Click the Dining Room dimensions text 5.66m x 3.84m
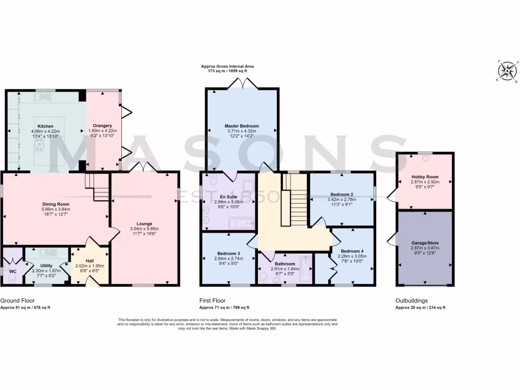point(56,209)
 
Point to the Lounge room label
point(144,223)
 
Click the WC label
point(13,271)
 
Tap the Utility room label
point(46,265)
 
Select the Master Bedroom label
point(242,126)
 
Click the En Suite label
point(228,196)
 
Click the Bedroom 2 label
point(342,194)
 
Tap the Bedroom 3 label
point(229,253)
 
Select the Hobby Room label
point(425,177)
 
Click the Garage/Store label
point(425,243)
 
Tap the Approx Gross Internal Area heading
point(227,66)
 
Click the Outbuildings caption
point(411,301)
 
